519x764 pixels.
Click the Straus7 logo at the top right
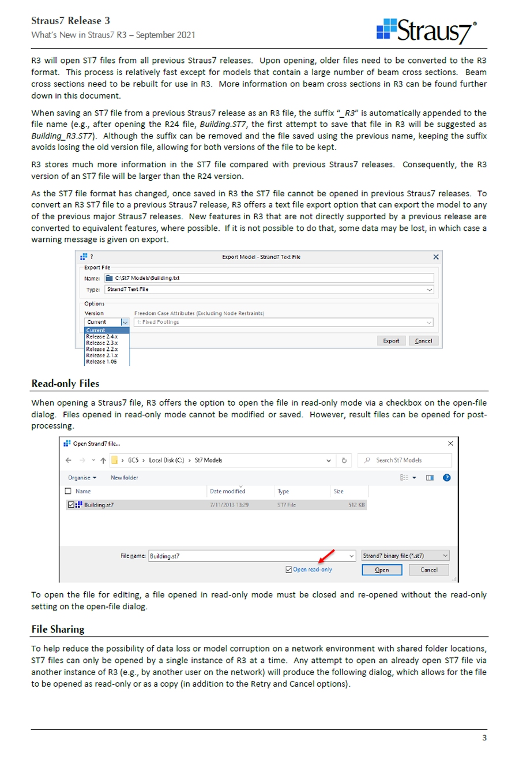(x=427, y=31)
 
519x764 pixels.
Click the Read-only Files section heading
(x=65, y=384)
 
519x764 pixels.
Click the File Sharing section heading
(x=58, y=630)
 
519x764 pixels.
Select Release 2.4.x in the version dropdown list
(x=101, y=336)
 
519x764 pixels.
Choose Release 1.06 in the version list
(x=101, y=362)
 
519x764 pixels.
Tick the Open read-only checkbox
(x=289, y=570)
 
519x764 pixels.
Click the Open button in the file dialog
(x=382, y=570)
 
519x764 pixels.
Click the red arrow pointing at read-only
(x=326, y=557)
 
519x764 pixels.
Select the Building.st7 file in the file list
(x=98, y=505)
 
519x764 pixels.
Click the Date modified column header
(x=228, y=492)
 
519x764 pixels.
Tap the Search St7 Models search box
(x=405, y=460)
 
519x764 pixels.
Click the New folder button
(x=125, y=478)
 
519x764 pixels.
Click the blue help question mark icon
(x=446, y=478)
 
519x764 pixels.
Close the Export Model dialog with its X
(x=435, y=257)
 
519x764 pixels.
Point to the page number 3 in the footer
(x=484, y=738)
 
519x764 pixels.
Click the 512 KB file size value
(x=356, y=505)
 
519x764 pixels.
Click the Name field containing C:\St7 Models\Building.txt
(x=269, y=278)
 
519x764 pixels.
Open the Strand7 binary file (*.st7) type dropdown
(x=405, y=556)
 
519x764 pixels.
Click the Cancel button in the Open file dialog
(x=428, y=570)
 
